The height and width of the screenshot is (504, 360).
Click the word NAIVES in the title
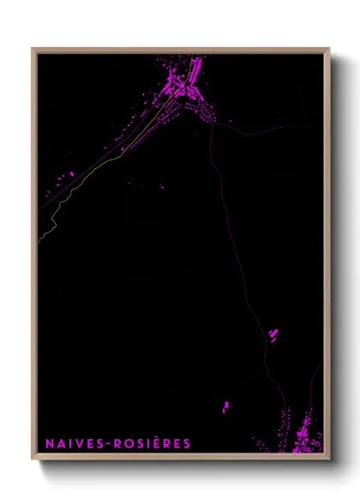pos(71,443)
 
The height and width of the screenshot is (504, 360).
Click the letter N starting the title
pos(50,443)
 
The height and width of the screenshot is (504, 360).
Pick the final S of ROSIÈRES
pos(187,443)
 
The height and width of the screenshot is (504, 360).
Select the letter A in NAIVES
pos(60,443)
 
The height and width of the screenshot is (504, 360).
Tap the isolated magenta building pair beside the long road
pos(273,335)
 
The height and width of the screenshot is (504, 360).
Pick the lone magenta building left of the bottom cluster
pos(225,405)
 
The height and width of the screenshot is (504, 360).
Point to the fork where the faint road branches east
pos(212,124)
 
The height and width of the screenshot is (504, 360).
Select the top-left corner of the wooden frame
pos(33,50)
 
